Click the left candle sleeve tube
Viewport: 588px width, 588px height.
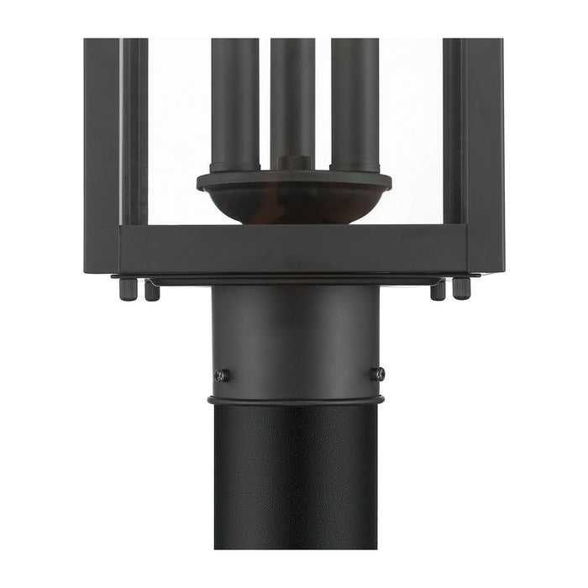[x=234, y=101]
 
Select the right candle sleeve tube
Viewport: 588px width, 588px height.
[x=354, y=101]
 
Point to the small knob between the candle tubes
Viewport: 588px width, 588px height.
[x=294, y=162]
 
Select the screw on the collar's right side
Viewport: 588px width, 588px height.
[x=380, y=374]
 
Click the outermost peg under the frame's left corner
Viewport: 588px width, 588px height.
[x=127, y=288]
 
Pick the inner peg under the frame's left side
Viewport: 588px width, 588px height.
[x=151, y=291]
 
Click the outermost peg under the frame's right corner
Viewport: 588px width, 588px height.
[x=462, y=288]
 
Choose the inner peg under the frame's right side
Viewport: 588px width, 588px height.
[x=438, y=291]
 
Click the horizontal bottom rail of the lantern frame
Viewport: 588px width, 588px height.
[x=294, y=249]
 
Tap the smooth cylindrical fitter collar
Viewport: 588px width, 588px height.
[x=294, y=336]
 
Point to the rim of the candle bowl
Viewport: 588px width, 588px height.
[x=294, y=180]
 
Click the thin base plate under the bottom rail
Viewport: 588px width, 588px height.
[x=294, y=280]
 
